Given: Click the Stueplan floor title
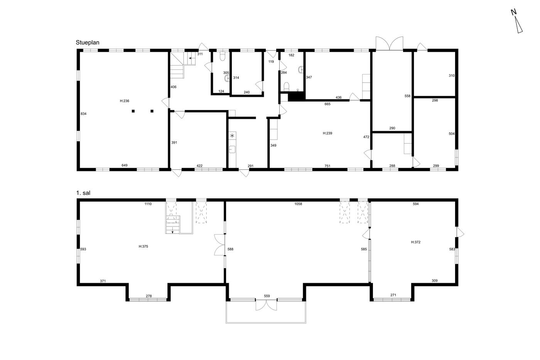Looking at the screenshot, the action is click(x=88, y=43).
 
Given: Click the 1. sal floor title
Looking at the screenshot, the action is click(x=83, y=193).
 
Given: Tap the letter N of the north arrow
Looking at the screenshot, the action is click(x=514, y=12).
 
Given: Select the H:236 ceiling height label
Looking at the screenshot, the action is click(x=124, y=101).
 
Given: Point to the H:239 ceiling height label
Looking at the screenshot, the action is click(x=327, y=133).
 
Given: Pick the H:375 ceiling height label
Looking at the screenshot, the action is click(x=143, y=247).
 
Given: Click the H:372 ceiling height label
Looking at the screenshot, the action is click(x=416, y=242).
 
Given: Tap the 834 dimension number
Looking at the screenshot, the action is click(x=83, y=114).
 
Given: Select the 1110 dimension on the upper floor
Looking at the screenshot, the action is click(x=148, y=204).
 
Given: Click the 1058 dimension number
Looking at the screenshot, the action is click(x=298, y=204).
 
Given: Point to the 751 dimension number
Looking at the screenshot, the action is click(x=327, y=166).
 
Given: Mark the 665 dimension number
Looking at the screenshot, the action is click(x=327, y=104).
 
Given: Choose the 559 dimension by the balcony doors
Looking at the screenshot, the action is click(x=267, y=296).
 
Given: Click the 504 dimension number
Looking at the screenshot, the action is click(x=452, y=134).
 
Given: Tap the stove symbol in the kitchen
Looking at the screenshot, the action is click(x=232, y=136).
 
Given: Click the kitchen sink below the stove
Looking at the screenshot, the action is click(x=232, y=149).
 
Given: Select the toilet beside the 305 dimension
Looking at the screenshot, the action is click(x=222, y=56).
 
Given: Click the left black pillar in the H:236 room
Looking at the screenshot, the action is click(x=133, y=111).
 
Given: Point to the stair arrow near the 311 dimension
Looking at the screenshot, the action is click(x=191, y=58).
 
